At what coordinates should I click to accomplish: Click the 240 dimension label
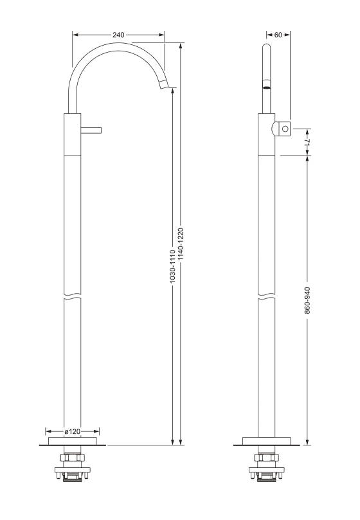pyautogui.click(x=118, y=35)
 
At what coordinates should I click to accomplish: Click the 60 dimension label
pyautogui.click(x=278, y=35)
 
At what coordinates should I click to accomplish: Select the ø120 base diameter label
pyautogui.click(x=73, y=431)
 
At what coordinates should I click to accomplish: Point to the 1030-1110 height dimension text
pyautogui.click(x=172, y=266)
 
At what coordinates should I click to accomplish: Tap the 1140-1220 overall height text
pyautogui.click(x=181, y=244)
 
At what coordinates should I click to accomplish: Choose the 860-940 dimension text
pyautogui.click(x=307, y=300)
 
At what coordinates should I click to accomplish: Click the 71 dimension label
pyautogui.click(x=307, y=141)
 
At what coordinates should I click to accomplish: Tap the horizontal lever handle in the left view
pyautogui.click(x=91, y=130)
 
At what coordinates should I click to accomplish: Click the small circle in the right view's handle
pyautogui.click(x=285, y=129)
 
